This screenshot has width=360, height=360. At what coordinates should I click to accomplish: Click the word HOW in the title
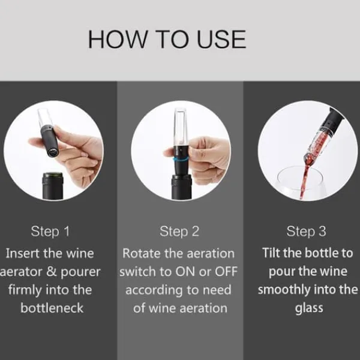click(118, 39)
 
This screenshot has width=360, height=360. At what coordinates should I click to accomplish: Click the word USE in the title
click(221, 39)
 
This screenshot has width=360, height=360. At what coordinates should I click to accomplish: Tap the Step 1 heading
click(50, 231)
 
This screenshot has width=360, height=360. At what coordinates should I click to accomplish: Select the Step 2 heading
click(179, 231)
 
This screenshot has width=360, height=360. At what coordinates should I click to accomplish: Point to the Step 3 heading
click(306, 231)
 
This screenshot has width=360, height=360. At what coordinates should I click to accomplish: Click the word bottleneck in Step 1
click(52, 308)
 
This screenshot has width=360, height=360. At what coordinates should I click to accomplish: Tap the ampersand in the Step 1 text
click(52, 272)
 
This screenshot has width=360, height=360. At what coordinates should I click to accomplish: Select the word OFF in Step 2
click(226, 272)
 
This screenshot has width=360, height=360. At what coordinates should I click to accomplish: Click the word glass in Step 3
click(309, 308)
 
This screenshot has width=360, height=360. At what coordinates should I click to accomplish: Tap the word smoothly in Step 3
click(284, 289)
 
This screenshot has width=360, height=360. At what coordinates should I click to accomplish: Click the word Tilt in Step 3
click(271, 253)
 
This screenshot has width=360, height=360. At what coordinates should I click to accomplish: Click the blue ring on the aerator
click(181, 159)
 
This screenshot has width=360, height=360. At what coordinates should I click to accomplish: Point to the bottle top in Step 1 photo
click(53, 176)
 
